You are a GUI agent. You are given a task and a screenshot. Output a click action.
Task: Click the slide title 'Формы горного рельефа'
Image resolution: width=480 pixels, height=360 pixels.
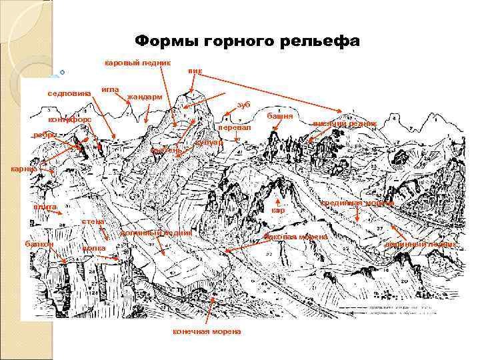(x=247, y=41)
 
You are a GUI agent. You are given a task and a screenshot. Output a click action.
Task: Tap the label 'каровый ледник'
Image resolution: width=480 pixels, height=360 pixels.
(x=138, y=63)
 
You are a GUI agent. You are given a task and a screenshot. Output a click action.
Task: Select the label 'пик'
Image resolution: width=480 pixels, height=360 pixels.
(x=195, y=71)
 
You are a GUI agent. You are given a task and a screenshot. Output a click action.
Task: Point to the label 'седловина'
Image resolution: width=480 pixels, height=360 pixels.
(x=69, y=93)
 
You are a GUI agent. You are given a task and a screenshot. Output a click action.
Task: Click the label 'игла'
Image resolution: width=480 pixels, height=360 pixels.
(x=110, y=89)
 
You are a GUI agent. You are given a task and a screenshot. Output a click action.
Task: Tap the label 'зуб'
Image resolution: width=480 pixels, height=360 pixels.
(x=243, y=105)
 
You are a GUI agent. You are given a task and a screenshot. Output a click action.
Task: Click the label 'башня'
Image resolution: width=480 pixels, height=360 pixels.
(x=280, y=116)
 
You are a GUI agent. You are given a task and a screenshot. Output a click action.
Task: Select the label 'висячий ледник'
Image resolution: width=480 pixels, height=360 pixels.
(x=345, y=123)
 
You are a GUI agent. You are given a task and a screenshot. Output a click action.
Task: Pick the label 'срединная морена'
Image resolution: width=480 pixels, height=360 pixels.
(x=357, y=203)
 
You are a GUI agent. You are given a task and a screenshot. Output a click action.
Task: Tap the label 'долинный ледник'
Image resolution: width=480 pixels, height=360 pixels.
(x=157, y=233)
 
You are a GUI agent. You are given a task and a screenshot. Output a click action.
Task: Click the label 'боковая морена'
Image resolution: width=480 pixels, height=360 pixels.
(x=296, y=237)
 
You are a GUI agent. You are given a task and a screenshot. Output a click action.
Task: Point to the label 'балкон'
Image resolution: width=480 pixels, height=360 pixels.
(x=39, y=245)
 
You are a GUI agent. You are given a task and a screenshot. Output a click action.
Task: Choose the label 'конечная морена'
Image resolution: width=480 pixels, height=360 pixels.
(x=207, y=331)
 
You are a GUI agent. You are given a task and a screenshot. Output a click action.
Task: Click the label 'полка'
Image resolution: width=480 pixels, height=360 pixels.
(x=93, y=248)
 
